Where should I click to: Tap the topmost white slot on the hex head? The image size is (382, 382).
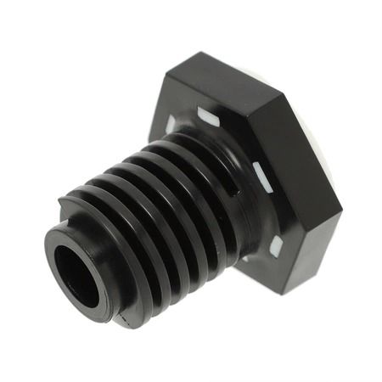pos(209,116)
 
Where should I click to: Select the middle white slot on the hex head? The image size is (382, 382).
pos(262,177)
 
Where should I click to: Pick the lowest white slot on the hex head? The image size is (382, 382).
pos(275,246)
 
